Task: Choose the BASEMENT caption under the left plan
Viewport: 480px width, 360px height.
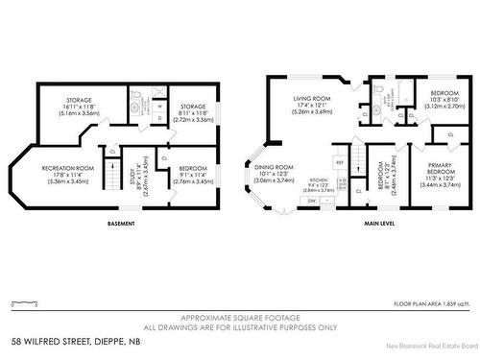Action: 121,224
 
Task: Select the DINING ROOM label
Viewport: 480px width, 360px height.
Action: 273,174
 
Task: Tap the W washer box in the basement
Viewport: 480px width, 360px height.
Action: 158,107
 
